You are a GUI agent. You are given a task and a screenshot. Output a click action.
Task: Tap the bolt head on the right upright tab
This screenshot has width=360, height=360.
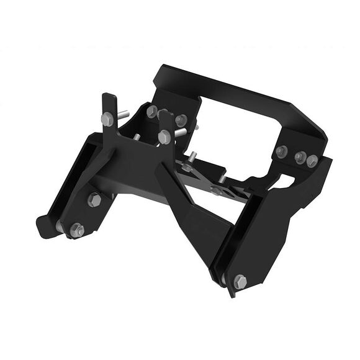coord(164,137)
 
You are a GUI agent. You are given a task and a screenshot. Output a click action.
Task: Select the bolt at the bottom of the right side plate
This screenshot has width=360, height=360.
coord(240,282)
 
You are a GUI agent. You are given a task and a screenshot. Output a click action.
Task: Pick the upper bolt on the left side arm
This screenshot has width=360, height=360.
coord(94,199)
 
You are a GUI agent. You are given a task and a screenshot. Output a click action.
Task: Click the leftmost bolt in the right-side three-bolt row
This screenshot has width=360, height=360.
coord(282,151)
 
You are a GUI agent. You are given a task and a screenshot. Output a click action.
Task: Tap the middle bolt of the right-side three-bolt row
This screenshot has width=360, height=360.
coord(300,156)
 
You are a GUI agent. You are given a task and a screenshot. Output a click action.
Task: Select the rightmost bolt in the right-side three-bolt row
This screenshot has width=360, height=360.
coord(312,161)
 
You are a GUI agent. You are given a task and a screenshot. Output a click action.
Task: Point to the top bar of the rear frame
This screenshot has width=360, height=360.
coord(236,87)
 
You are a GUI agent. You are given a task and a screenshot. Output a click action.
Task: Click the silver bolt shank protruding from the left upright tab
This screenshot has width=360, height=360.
coord(123,114)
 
